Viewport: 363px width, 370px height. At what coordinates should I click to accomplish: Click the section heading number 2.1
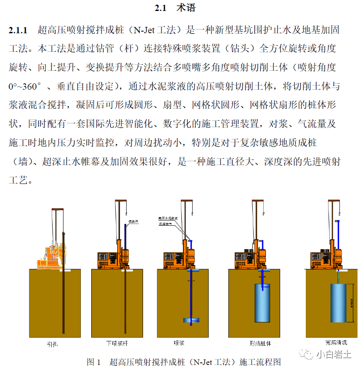pos(162,8)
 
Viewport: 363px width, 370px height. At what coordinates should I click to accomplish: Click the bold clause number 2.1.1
pos(18,30)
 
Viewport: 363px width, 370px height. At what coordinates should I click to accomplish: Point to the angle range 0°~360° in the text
pos(25,87)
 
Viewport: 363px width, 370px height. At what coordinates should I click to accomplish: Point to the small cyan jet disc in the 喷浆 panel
pos(192,320)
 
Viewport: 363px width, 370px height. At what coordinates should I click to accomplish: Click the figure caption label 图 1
pos(93,362)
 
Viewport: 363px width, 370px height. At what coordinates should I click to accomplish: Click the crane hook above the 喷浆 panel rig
pos(183,218)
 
